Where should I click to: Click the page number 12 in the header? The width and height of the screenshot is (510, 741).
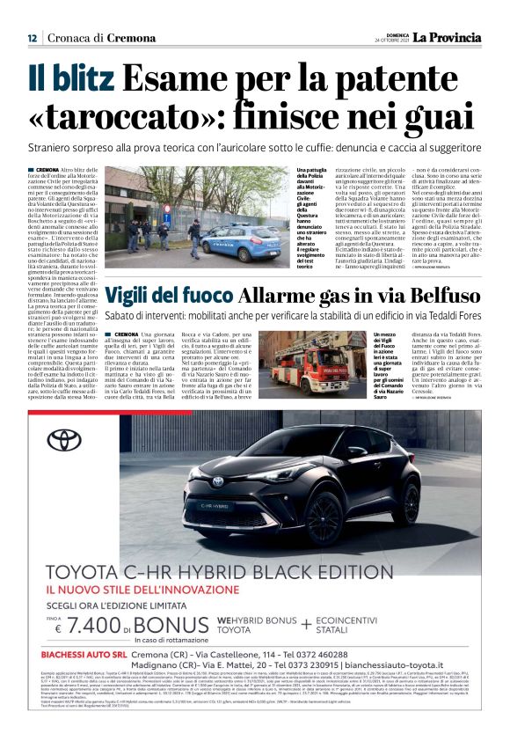32,38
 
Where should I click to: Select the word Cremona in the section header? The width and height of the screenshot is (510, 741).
127,38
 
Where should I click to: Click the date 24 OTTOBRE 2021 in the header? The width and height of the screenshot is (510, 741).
393,41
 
